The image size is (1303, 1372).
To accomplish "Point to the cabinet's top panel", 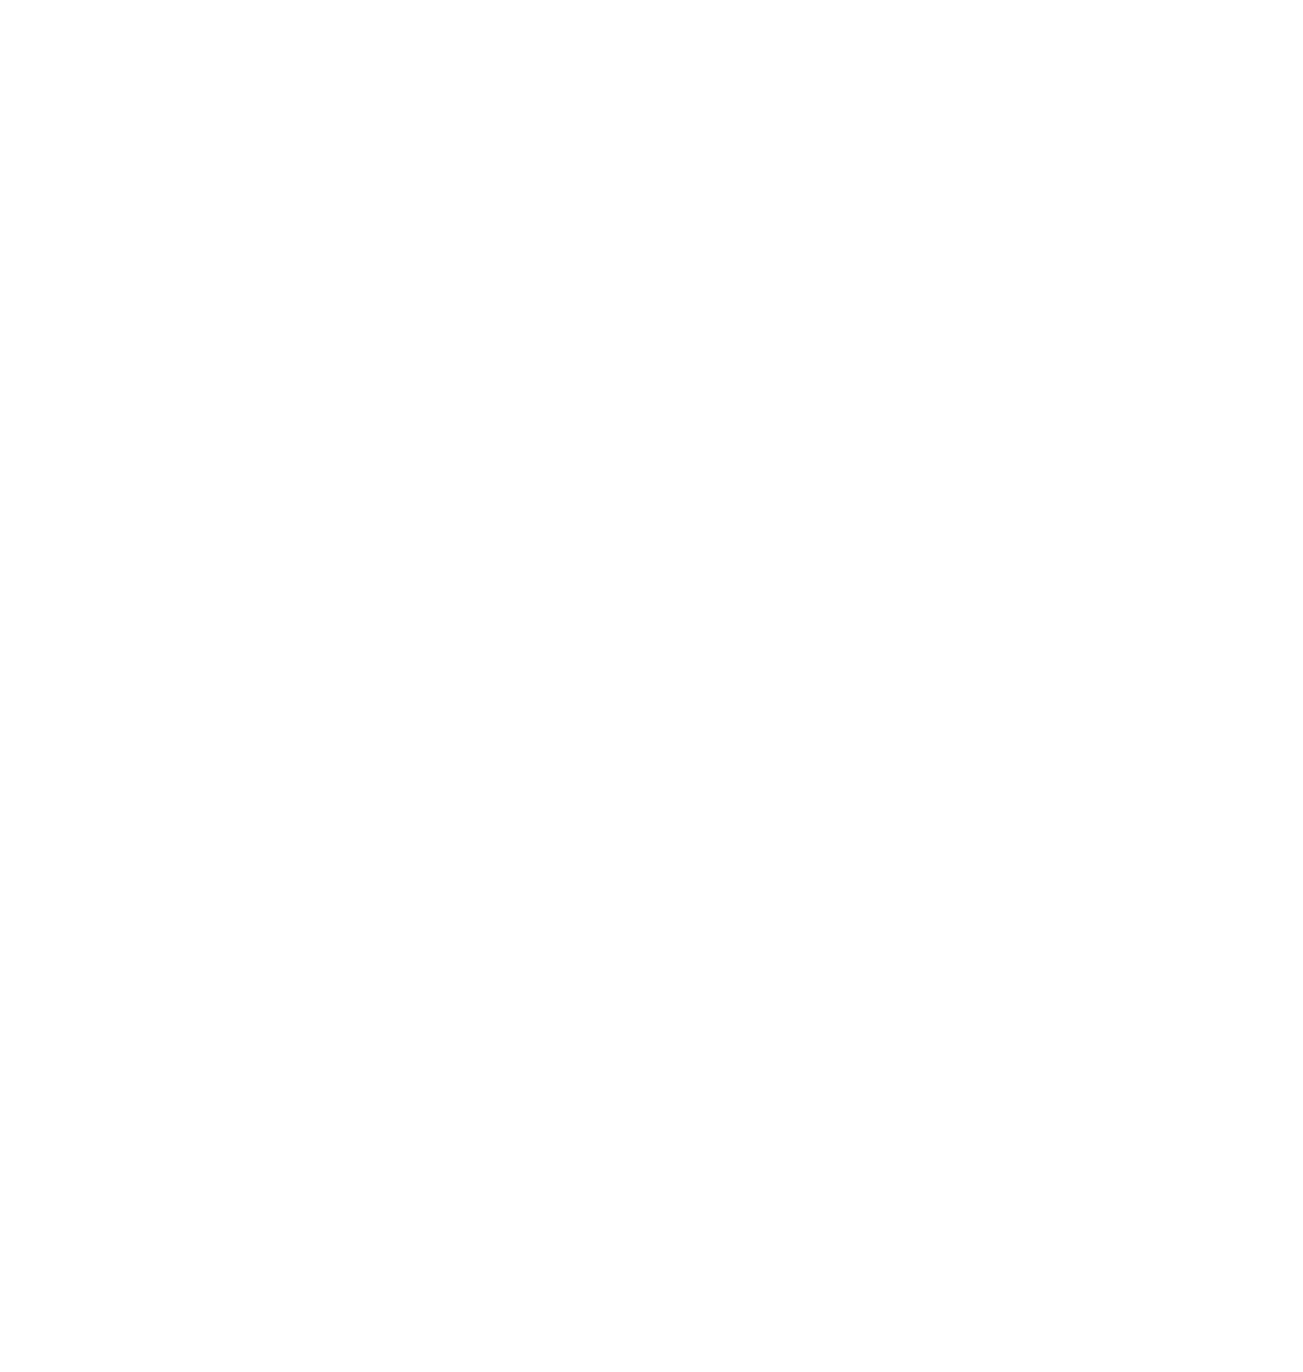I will click(632, 188).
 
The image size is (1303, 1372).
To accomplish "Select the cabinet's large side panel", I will click(535, 695).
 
